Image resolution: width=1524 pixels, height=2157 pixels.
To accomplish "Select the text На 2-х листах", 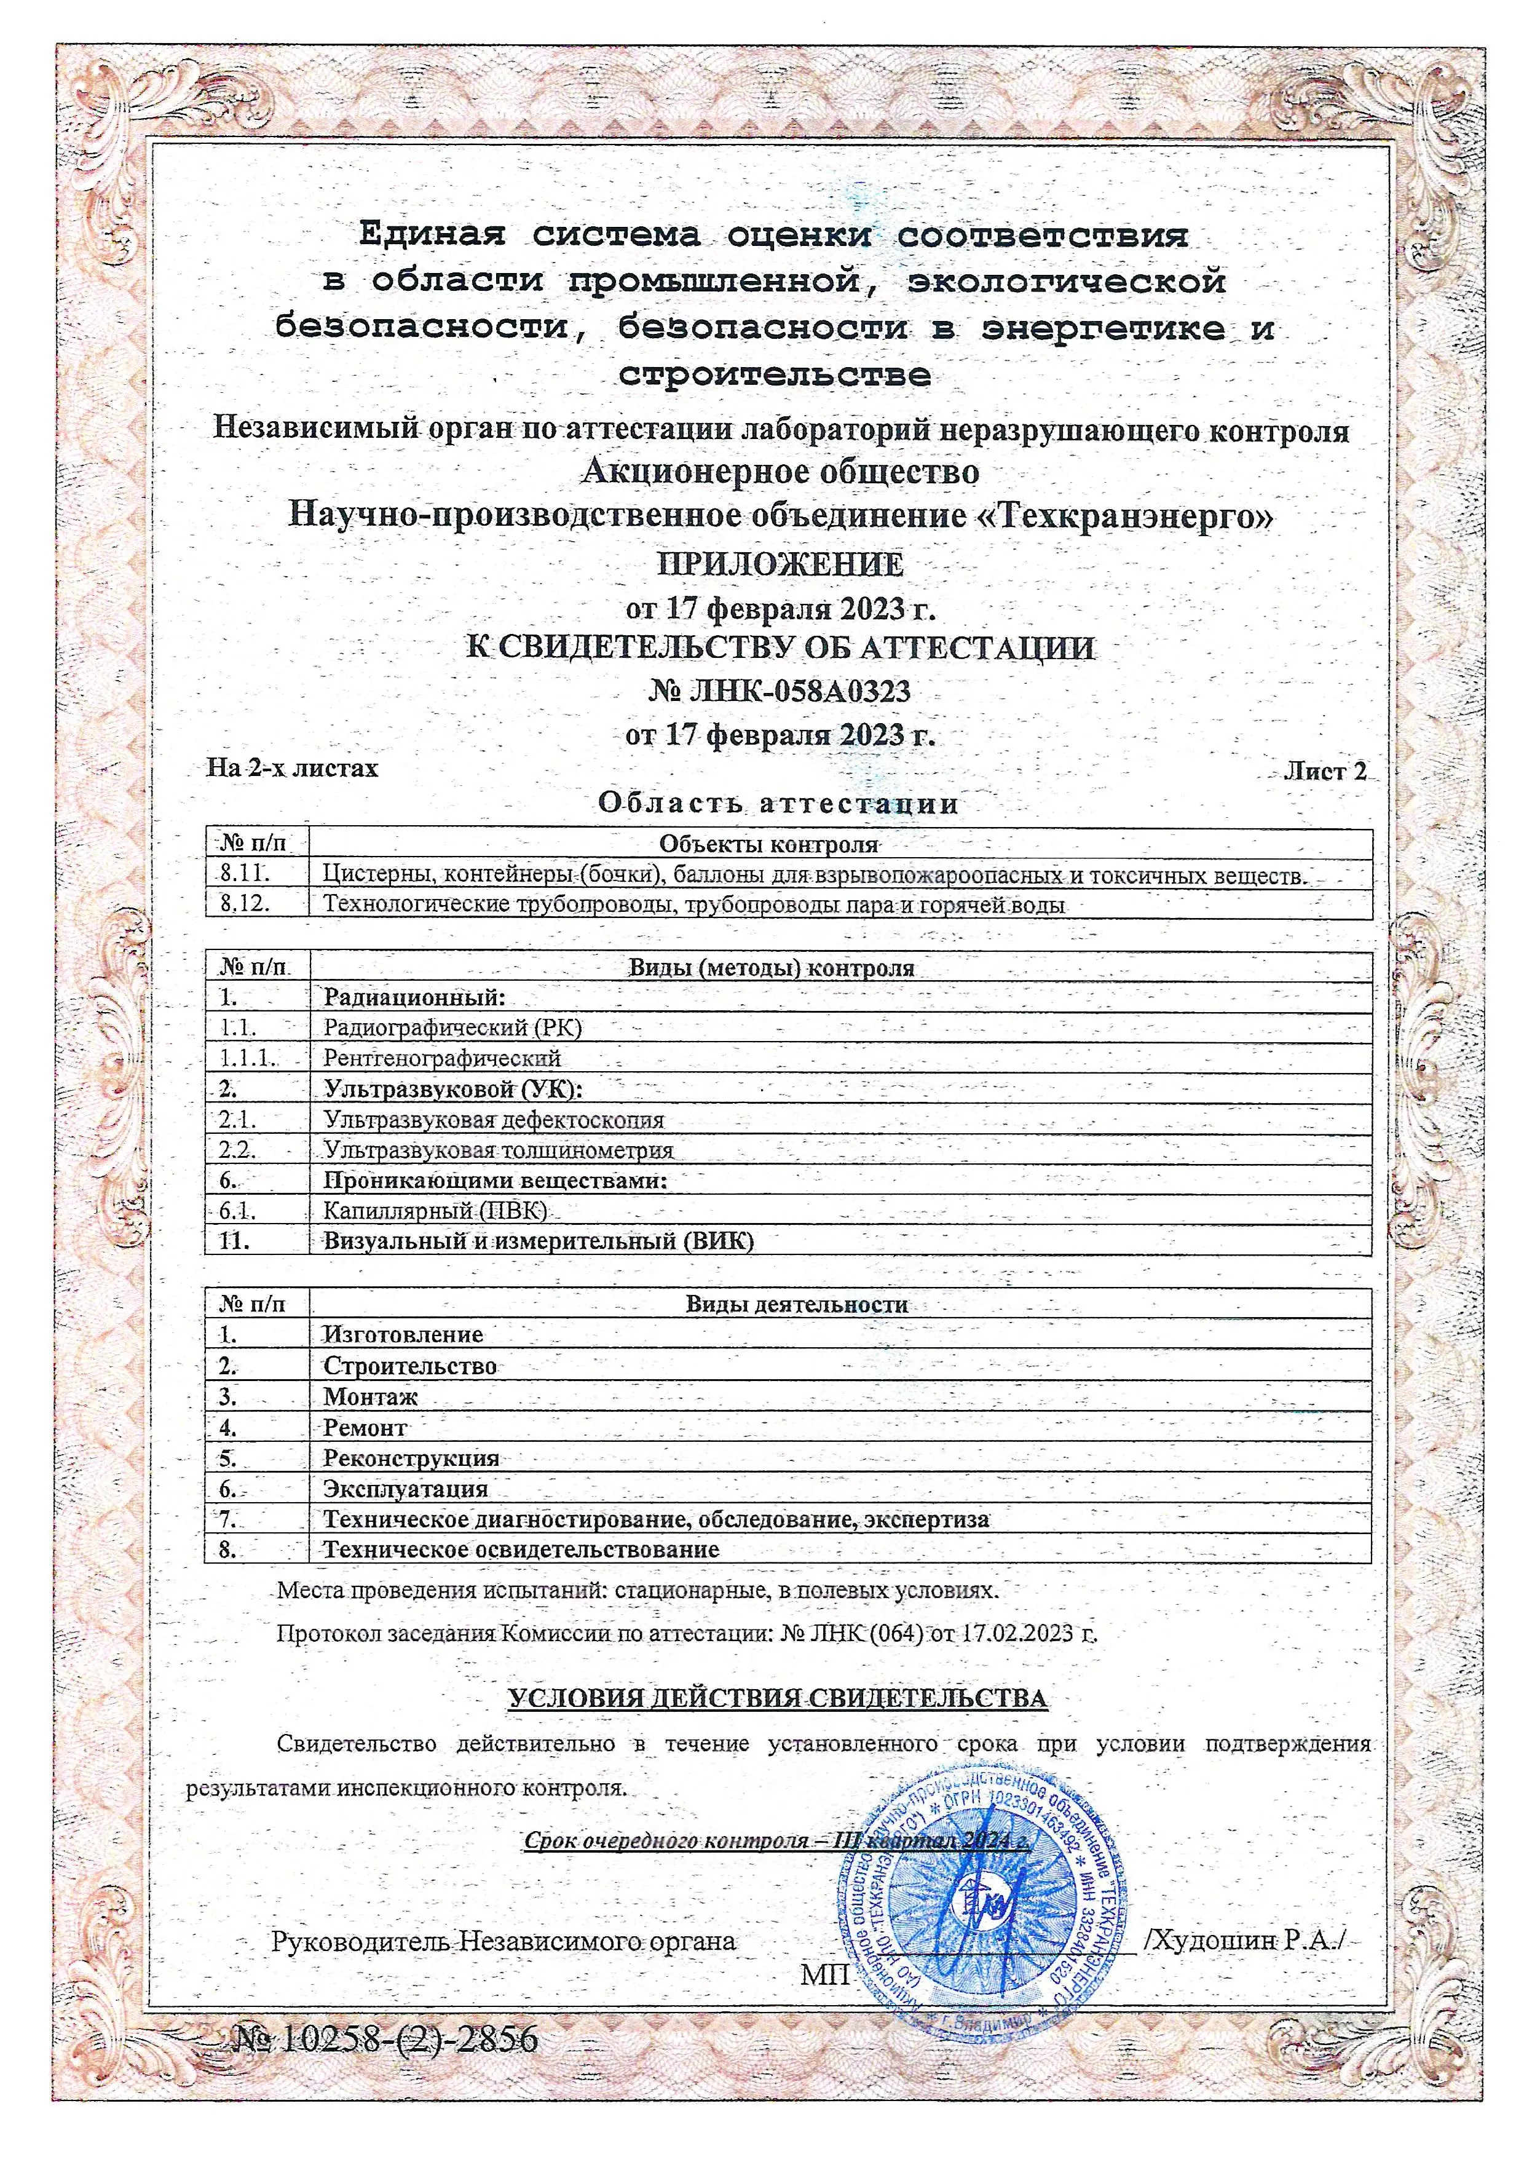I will (x=292, y=769).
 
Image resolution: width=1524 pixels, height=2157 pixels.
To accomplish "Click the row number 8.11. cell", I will (x=246, y=874).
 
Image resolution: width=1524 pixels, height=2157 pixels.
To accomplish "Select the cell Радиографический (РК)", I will (x=452, y=1027).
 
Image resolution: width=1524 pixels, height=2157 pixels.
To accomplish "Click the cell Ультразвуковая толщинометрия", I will (x=498, y=1150).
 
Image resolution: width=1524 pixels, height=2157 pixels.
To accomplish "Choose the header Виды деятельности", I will (x=796, y=1304).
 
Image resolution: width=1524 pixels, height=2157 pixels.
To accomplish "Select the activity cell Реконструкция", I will (x=410, y=1458).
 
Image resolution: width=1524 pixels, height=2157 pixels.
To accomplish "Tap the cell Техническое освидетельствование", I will (x=521, y=1550).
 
